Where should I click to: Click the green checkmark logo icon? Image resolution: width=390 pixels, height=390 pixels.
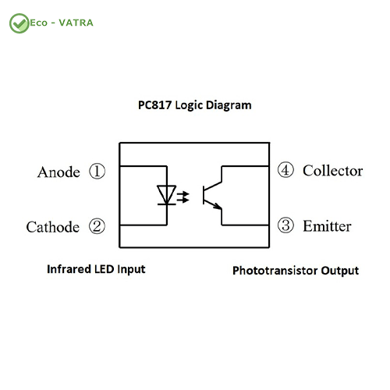pos(19,23)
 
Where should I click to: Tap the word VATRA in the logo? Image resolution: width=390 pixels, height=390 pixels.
pos(76,23)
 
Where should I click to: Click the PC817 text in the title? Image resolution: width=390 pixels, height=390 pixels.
pos(154,105)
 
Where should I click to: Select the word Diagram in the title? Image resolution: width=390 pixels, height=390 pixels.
pos(229,106)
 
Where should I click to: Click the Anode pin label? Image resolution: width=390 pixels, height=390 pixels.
pos(58,172)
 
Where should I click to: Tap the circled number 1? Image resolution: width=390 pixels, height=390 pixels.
pos(97,172)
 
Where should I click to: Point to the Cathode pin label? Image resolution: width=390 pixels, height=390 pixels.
pos(53,227)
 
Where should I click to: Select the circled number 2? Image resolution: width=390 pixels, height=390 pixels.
pos(97,226)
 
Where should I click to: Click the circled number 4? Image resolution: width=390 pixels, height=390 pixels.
pos(285,170)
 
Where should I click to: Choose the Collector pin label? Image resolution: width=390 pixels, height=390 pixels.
pos(333,171)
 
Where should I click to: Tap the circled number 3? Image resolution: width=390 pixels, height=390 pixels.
pos(285,225)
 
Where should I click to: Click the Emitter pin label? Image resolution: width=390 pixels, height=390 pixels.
pos(327,226)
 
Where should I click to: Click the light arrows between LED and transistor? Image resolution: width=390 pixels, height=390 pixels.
pos(183,197)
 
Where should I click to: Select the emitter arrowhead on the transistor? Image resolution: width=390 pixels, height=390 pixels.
pos(218,206)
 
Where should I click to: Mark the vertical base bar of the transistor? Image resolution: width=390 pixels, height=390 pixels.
pos(204,195)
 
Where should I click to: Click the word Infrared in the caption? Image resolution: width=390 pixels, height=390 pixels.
pos(69,269)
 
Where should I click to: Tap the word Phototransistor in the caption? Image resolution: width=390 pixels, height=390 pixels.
pos(275,271)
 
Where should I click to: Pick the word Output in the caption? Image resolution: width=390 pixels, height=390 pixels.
pos(340,271)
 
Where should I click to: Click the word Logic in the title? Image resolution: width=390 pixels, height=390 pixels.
pos(189,106)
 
